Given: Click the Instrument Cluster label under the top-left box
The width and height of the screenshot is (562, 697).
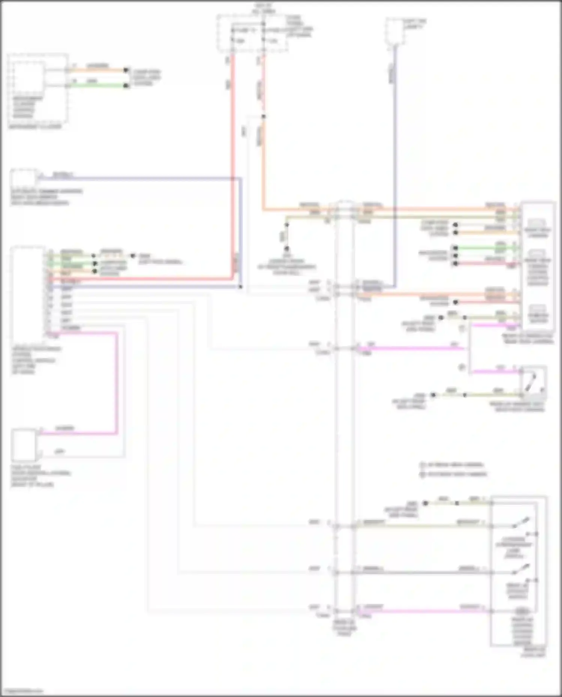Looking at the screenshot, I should (35, 127).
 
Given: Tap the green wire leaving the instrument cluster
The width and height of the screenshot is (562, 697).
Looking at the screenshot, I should (97, 86).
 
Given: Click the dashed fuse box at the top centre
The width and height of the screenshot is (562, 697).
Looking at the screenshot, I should (252, 33).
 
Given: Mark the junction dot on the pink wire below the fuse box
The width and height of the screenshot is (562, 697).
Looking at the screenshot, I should (263, 116).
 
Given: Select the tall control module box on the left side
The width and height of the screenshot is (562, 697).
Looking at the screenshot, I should (28, 292).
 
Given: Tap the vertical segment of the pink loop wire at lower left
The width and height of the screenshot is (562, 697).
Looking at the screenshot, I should (117, 382).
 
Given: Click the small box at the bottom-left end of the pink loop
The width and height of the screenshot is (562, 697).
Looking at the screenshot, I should (24, 445).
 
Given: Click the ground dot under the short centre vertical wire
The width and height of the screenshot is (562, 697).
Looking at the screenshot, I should (287, 249).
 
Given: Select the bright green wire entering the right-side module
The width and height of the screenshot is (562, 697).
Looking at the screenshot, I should (487, 248).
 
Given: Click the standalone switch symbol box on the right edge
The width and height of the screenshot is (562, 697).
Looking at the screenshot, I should (534, 383).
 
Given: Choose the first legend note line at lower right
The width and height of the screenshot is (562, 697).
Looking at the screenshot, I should (451, 465).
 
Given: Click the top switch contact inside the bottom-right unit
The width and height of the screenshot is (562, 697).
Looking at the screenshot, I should (521, 523).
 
